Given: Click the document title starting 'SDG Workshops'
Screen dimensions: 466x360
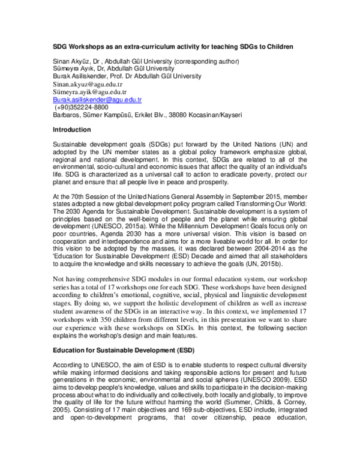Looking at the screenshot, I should tap(180, 46).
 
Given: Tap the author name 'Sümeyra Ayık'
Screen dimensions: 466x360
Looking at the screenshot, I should tap(72, 69).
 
